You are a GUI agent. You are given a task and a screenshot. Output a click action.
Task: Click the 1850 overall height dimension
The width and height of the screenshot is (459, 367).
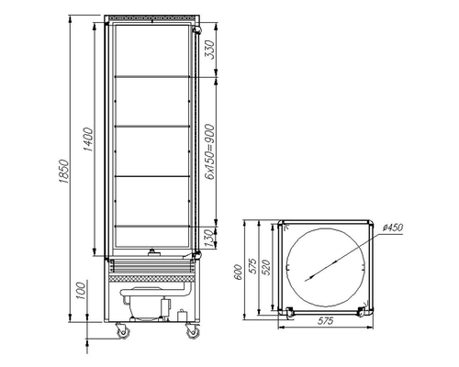pyautogui.click(x=62, y=169)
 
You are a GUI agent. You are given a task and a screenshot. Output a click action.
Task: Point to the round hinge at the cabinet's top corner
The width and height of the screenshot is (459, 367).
pyautogui.click(x=196, y=31)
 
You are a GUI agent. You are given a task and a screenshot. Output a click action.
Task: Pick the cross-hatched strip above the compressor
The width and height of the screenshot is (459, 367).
pyautogui.click(x=151, y=272)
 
